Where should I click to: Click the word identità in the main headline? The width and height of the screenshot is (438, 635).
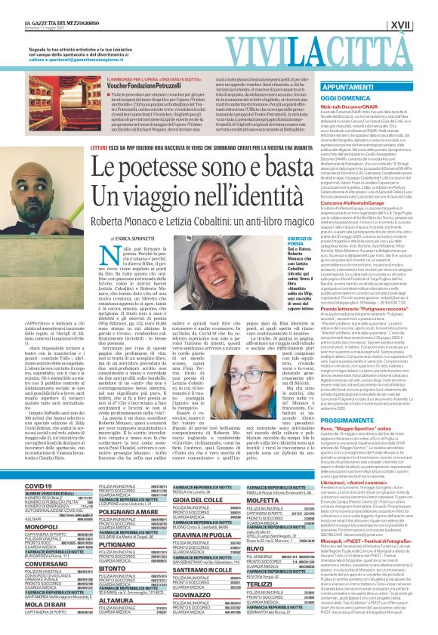point(276,199)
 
